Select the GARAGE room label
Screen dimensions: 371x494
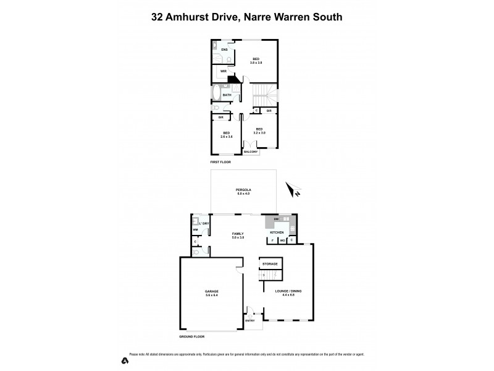point(212,293)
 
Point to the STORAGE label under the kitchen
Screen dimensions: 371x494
point(270,264)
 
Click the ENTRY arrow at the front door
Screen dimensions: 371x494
point(250,317)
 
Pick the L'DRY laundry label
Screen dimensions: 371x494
point(203,223)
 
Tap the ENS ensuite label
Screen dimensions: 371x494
point(225,49)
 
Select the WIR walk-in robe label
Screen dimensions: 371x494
point(224,72)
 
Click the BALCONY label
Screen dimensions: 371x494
point(250,151)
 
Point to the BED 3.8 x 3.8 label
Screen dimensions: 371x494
point(256,61)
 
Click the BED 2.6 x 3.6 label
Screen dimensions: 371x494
point(227,135)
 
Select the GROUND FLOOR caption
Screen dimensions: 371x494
point(191,336)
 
